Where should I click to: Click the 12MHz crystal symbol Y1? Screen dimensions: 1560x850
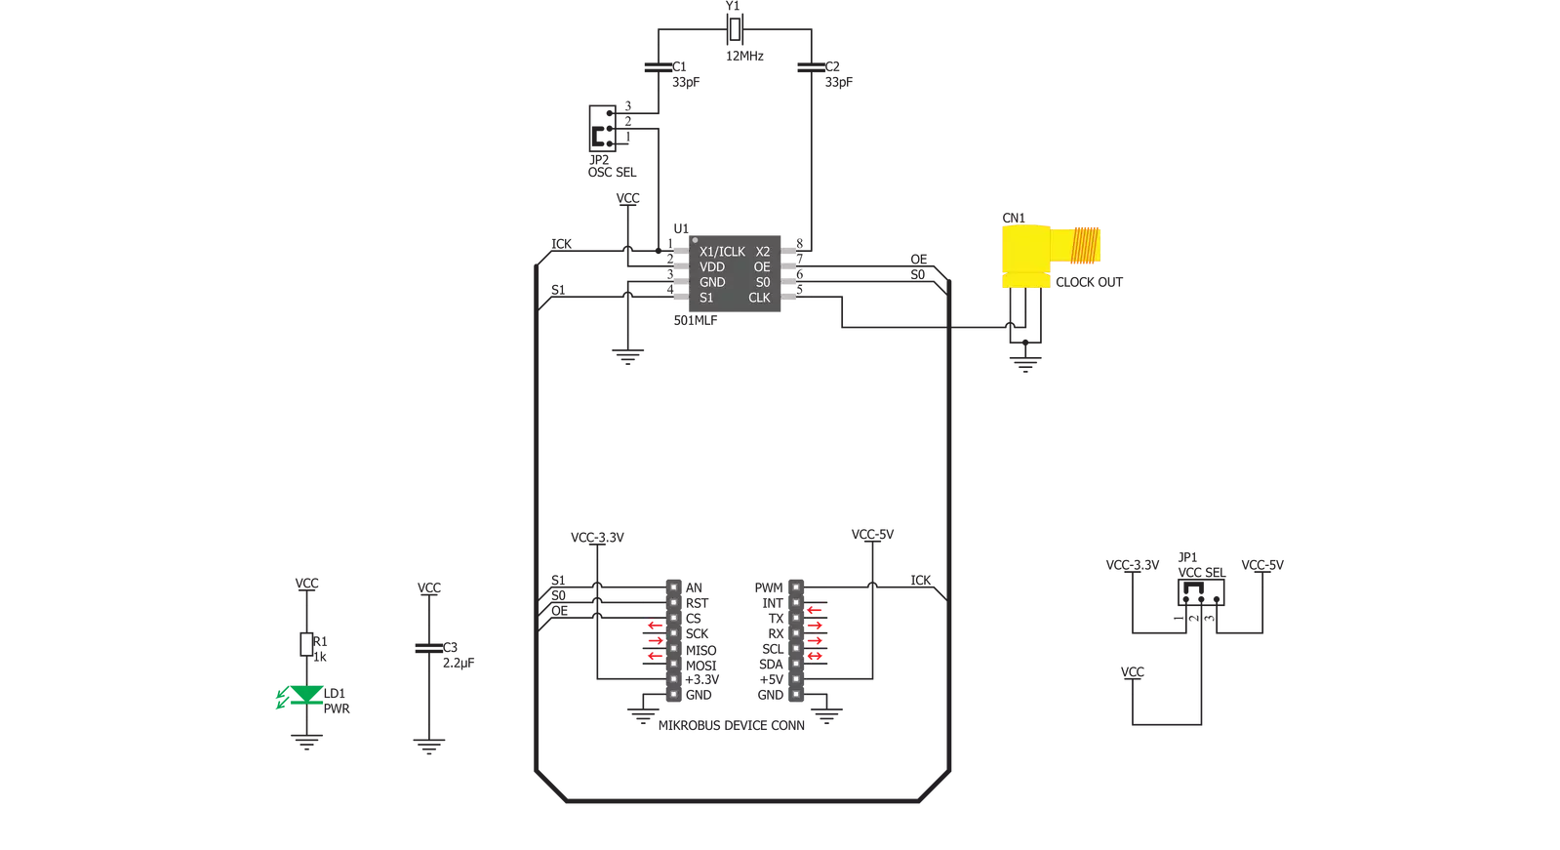pos(734,29)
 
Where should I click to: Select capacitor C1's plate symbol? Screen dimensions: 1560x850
pos(659,67)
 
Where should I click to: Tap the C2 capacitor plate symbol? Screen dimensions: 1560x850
pos(811,67)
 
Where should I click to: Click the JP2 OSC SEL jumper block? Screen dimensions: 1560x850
pos(602,128)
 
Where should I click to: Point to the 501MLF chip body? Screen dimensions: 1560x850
pos(735,273)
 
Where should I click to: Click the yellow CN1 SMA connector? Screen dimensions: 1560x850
pos(1050,256)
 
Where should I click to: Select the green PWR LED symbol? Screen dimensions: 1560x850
pos(305,695)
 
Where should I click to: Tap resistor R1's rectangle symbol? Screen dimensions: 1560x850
pos(306,644)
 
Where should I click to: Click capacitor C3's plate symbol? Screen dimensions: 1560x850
pos(428,648)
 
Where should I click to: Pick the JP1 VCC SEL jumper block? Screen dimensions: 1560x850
pos(1201,592)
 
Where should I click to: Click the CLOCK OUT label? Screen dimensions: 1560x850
pos(1089,282)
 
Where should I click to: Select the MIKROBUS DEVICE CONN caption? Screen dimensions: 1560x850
pos(732,725)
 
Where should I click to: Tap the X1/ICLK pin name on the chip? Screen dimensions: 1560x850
pos(722,252)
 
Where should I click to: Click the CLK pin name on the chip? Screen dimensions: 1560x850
pos(759,298)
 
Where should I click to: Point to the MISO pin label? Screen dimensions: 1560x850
pos(700,650)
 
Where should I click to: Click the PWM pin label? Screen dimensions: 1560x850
pos(769,588)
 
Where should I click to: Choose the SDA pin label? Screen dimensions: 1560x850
pos(772,665)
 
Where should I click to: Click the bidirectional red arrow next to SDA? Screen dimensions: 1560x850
pos(814,657)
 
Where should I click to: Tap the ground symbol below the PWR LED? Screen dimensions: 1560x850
pos(306,742)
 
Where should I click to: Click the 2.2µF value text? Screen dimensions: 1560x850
pos(459,664)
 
